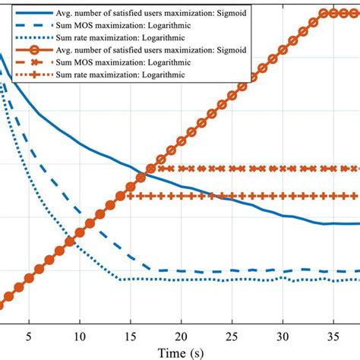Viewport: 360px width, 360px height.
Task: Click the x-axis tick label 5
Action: pos(29,335)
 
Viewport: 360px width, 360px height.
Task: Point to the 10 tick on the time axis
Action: pos(79,335)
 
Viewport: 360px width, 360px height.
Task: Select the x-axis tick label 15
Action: pos(130,335)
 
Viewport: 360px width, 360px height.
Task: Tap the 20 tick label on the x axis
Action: pos(181,335)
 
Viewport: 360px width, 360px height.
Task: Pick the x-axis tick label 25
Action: pos(232,335)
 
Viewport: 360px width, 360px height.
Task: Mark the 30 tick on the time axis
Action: pos(283,335)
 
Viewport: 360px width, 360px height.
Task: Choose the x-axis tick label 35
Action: pos(333,335)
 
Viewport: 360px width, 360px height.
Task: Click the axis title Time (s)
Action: pos(181,352)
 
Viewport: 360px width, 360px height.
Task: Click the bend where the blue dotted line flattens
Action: pos(120,279)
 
